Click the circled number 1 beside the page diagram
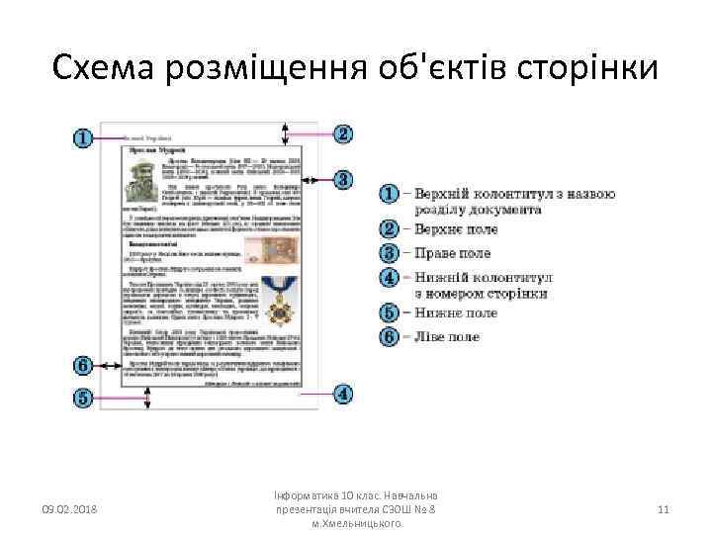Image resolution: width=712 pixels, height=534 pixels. coord(84,137)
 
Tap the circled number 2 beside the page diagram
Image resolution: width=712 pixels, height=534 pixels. coord(344,133)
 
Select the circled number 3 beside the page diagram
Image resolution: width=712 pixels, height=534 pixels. coord(344,179)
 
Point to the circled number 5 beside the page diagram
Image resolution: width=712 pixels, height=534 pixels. coord(84,398)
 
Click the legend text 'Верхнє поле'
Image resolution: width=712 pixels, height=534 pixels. coord(456,229)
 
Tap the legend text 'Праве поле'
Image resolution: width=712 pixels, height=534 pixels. coord(453,252)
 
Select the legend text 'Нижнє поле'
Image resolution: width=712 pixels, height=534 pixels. coord(455,313)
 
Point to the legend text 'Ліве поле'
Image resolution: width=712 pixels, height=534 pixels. coord(446,336)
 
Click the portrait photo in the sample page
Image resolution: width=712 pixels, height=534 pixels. coord(143,181)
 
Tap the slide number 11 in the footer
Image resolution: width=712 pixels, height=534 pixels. coord(664,509)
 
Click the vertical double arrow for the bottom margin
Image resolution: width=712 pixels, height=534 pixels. coord(147,397)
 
